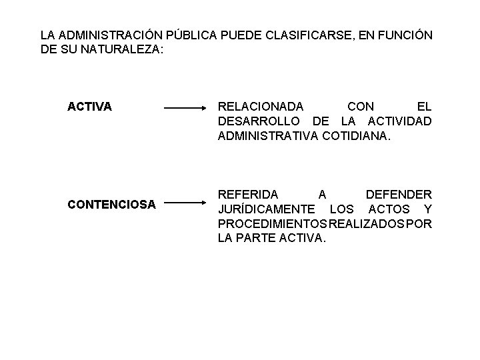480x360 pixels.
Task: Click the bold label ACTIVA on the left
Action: coord(89,106)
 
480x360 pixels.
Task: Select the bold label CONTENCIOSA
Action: coord(111,204)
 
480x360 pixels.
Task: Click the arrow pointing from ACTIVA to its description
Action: coord(186,107)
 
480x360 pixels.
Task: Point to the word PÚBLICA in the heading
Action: coord(176,33)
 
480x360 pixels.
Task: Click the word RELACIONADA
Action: coord(261,106)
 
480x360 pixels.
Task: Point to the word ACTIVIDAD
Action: coord(400,121)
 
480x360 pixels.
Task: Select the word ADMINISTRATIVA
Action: coord(268,135)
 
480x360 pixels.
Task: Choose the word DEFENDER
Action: coord(399,195)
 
